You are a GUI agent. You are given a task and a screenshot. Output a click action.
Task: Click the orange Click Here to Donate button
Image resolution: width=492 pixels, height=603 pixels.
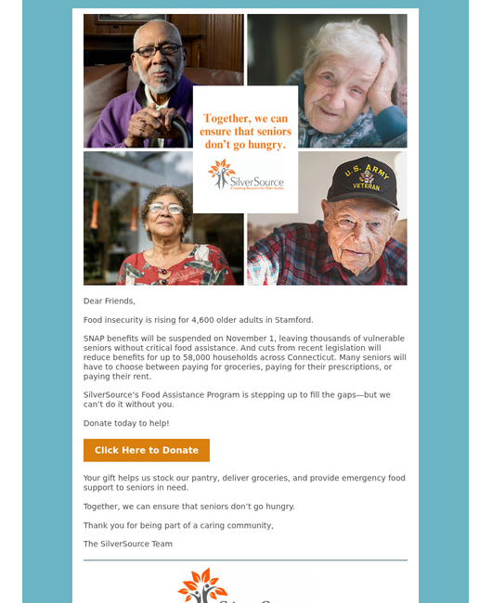tap(147, 450)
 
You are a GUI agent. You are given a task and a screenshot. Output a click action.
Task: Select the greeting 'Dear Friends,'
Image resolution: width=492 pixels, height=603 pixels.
tap(110, 301)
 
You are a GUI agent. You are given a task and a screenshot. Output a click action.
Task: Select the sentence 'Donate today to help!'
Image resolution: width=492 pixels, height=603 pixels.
tap(126, 423)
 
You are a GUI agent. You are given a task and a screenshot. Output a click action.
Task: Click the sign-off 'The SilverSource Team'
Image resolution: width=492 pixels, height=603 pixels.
tap(128, 544)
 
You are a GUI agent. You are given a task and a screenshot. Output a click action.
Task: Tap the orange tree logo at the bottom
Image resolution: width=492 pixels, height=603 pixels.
tap(202, 586)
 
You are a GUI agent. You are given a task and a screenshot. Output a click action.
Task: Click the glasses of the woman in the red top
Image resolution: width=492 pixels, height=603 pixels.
tap(165, 209)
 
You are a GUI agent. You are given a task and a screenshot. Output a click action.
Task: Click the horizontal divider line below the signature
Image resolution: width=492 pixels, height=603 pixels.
tap(245, 560)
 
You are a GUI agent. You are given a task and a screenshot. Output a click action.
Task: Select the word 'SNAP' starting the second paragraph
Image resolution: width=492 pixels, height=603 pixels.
tap(95, 339)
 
